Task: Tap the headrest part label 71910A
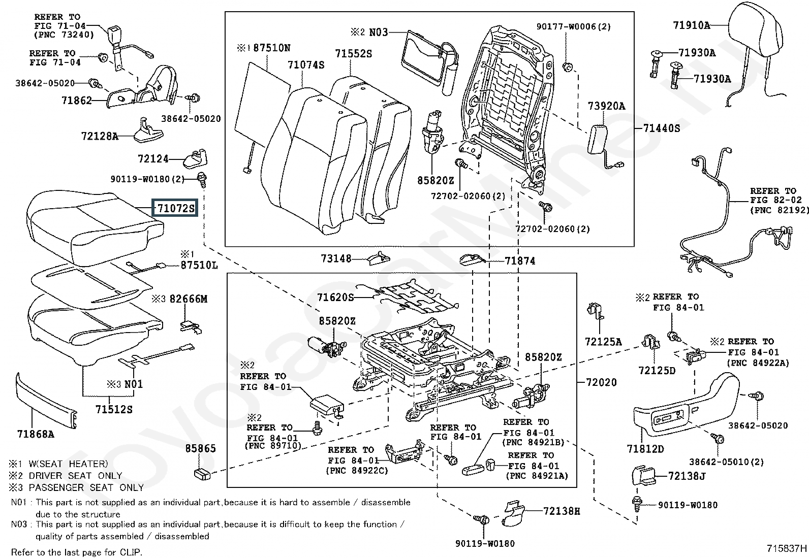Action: [691, 25]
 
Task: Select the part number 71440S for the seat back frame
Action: [661, 128]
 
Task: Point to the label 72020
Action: [601, 382]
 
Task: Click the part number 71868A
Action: [35, 434]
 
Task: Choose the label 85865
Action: [200, 448]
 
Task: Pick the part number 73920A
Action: [606, 106]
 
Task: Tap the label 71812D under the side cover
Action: [645, 449]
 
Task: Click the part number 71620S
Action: [335, 297]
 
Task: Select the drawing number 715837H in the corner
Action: [787, 548]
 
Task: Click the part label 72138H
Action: [561, 511]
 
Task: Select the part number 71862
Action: [77, 101]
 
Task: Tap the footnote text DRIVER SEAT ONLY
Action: [75, 476]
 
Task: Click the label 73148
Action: [336, 259]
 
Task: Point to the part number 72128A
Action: [100, 136]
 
